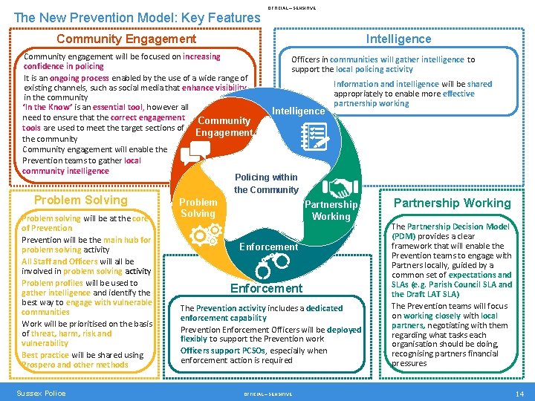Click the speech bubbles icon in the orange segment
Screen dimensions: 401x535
195,151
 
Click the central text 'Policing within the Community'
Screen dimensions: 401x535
266,183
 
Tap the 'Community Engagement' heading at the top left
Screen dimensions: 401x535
126,39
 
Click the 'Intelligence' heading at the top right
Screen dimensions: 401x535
398,39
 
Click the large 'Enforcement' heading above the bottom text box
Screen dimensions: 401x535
266,288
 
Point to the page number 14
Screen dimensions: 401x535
519,393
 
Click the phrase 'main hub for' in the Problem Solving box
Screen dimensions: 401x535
127,240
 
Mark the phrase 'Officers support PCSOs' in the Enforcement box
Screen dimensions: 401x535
216,351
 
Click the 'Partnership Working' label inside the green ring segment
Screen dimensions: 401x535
331,210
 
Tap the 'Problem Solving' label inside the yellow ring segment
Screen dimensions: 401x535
198,207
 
